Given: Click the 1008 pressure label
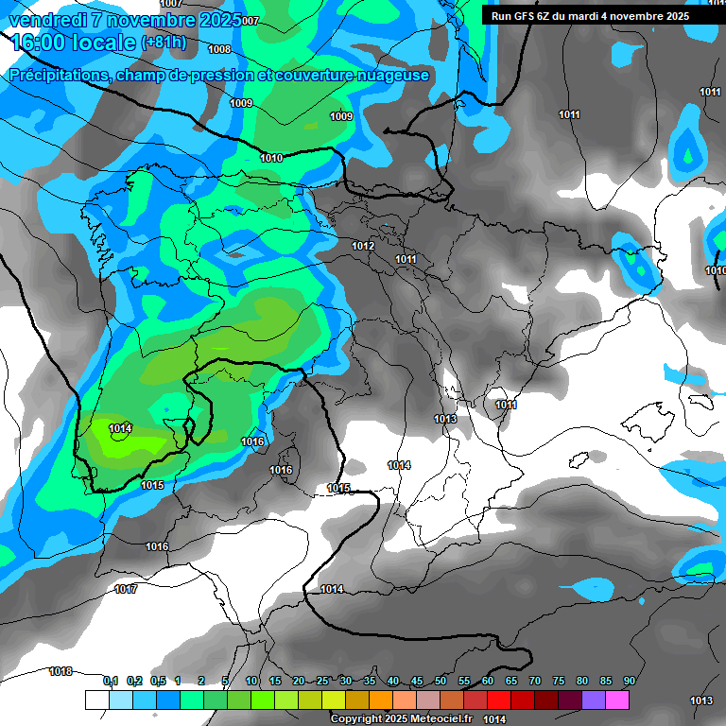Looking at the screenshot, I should pos(219,49).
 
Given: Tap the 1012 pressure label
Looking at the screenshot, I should pos(363,246).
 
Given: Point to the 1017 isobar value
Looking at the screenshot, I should pos(126,589).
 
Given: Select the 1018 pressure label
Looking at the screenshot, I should pos(60,671).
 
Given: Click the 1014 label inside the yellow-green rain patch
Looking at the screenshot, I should pos(120,428).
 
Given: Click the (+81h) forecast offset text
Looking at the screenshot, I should pos(164,43).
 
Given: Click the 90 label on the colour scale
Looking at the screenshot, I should pos(629,681).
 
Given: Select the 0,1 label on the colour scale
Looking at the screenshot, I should pos(111,681).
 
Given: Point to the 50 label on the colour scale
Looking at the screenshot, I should pos(441,681).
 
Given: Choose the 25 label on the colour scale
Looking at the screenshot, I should pos(322,681).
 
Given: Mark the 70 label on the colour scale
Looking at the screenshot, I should pos(535,681).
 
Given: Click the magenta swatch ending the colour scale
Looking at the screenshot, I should pos(617,700).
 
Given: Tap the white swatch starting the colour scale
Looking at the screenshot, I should pos(96,700).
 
